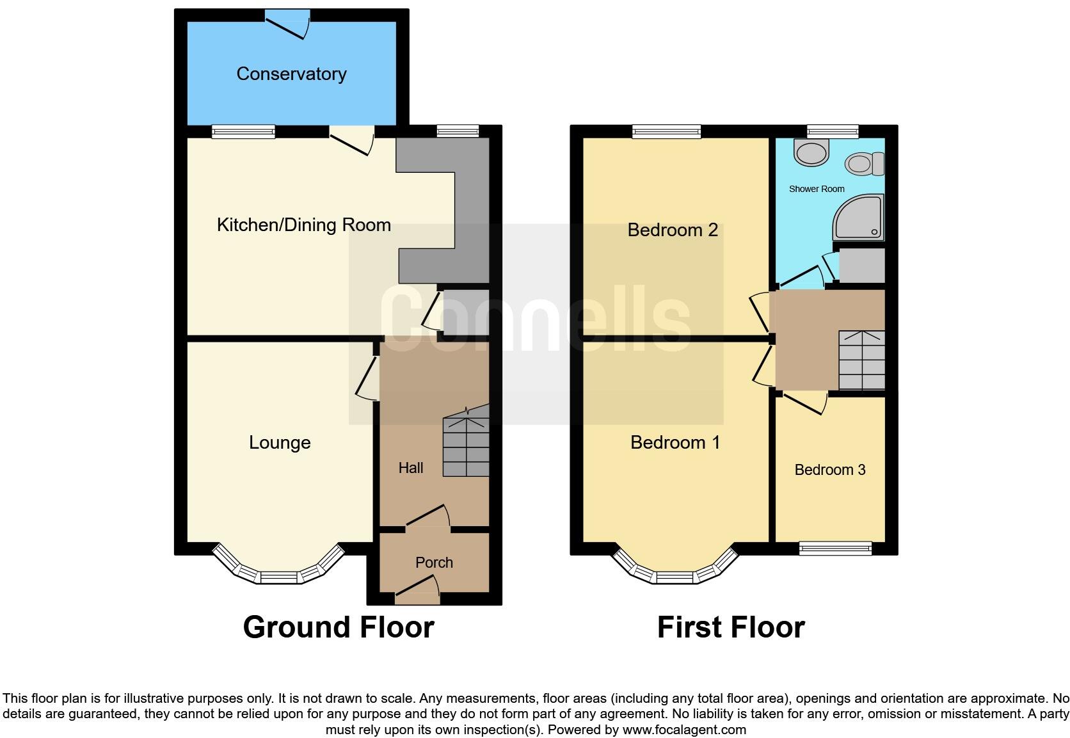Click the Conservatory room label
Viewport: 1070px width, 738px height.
tap(291, 74)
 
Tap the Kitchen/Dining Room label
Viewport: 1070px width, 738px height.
tap(303, 225)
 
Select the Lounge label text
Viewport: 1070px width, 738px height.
tap(280, 442)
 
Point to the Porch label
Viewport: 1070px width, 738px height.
tap(434, 563)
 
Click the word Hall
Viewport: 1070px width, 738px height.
tap(411, 468)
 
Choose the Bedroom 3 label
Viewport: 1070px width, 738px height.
tap(829, 470)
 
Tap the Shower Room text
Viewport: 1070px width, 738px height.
tap(816, 189)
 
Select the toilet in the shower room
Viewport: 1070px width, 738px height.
tap(864, 164)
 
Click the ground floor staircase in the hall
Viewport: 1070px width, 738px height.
tap(467, 447)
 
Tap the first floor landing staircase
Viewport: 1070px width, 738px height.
tap(861, 360)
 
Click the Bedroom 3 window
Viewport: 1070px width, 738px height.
tap(835, 549)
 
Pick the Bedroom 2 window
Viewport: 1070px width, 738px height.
tap(666, 131)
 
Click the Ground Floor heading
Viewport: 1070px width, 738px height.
tap(339, 627)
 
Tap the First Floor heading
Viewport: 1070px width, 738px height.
tap(730, 627)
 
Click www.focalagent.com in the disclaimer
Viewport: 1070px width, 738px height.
tap(683, 730)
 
